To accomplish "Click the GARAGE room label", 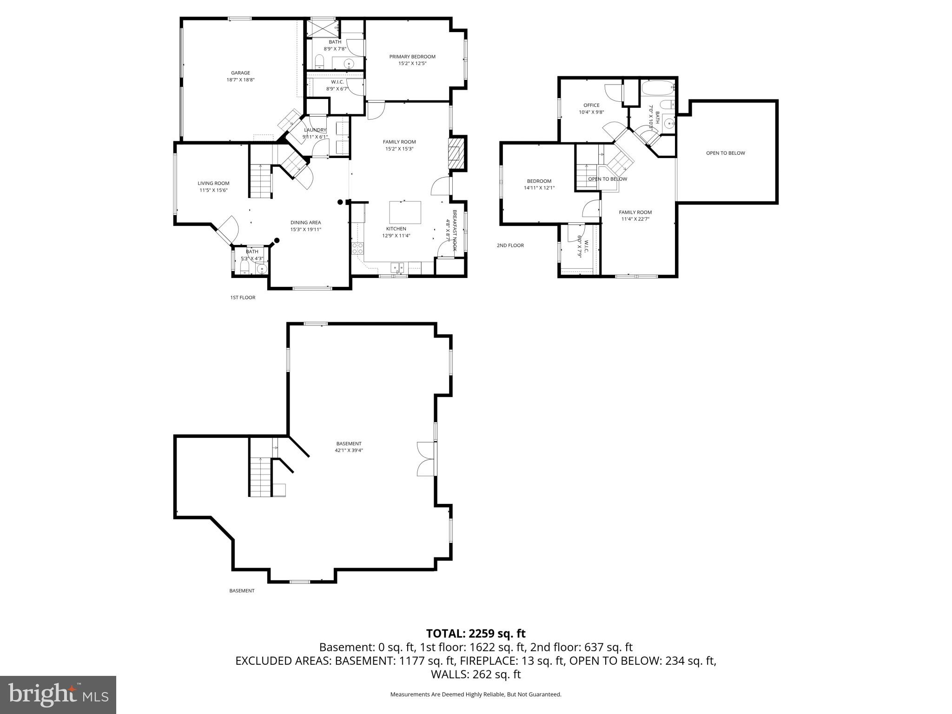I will click(x=240, y=73).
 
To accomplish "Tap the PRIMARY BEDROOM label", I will click(x=412, y=57).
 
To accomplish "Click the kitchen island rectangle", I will click(x=405, y=212).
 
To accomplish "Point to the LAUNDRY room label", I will click(x=315, y=130).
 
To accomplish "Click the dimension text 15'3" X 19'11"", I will click(x=305, y=230).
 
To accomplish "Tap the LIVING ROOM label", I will click(x=213, y=183).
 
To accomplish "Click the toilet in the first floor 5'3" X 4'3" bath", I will click(x=245, y=267).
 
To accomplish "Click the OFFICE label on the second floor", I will click(x=591, y=106).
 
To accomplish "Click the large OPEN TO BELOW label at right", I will click(x=725, y=153).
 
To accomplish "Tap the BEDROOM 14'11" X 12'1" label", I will click(x=539, y=181).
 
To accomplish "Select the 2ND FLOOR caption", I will click(x=510, y=245).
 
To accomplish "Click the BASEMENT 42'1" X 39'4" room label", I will click(x=349, y=444).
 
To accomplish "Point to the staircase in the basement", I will click(x=260, y=477).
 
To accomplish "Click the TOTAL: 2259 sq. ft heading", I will click(x=476, y=634).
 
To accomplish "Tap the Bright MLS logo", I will click(x=58, y=694).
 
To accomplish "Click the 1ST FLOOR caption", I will click(x=243, y=297).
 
